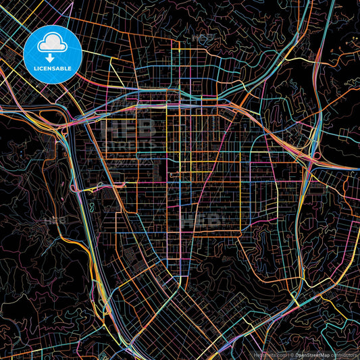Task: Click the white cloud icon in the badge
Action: click(x=52, y=42)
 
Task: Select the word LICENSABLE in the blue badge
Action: click(x=52, y=68)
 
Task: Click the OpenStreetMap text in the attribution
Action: click(x=311, y=355)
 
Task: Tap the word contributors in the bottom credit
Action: click(x=346, y=355)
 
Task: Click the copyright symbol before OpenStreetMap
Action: click(x=289, y=355)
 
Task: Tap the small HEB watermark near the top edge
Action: click(x=202, y=38)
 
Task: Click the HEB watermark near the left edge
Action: click(x=55, y=221)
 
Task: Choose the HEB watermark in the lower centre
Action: click(x=207, y=220)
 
